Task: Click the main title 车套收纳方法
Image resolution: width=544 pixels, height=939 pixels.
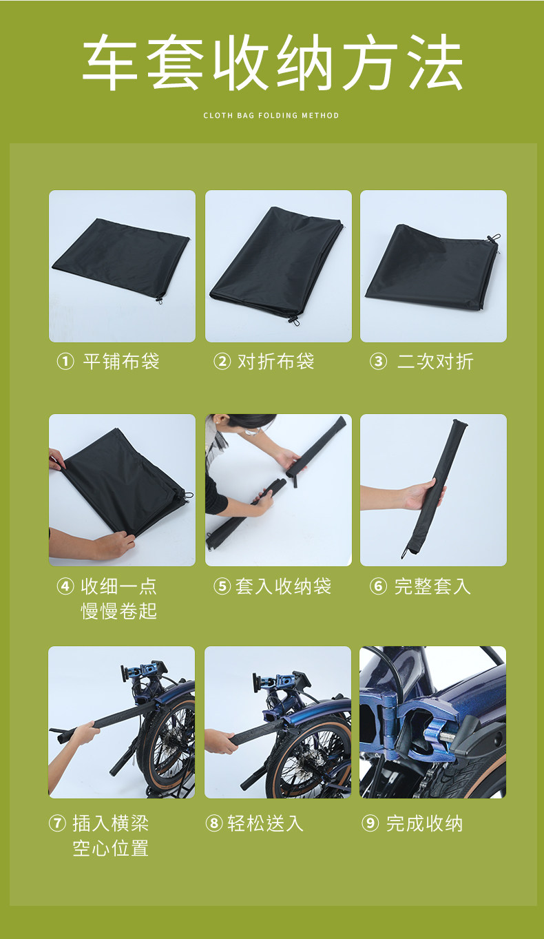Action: point(273,62)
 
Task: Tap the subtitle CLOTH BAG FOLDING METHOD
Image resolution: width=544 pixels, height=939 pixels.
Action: point(271,115)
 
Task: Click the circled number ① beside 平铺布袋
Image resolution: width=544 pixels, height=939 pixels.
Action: point(65,362)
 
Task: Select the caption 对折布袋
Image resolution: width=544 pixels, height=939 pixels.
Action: point(275,362)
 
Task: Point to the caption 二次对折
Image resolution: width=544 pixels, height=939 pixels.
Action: point(435,362)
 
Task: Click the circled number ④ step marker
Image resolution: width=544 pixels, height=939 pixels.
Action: point(65,586)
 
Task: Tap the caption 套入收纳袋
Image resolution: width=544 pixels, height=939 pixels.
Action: point(283,586)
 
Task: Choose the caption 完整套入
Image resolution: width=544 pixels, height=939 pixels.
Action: point(432,586)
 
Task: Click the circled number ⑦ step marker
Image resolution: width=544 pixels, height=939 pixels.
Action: point(57,823)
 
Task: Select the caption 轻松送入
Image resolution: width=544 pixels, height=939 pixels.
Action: point(265,823)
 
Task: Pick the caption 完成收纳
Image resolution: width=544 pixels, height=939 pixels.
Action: point(425,823)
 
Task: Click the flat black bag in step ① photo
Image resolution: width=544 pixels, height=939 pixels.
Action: point(121,258)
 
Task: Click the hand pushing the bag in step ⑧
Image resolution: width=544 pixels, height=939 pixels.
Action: point(220,741)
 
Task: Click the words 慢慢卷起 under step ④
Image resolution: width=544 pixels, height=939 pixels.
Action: point(119,611)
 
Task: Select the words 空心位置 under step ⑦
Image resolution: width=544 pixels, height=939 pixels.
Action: point(111,847)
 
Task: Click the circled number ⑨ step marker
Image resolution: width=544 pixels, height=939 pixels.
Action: point(370,823)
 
